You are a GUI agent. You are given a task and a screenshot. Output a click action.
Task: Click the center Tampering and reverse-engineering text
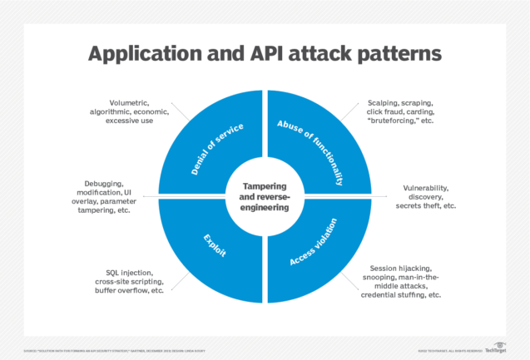pos(265,197)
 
